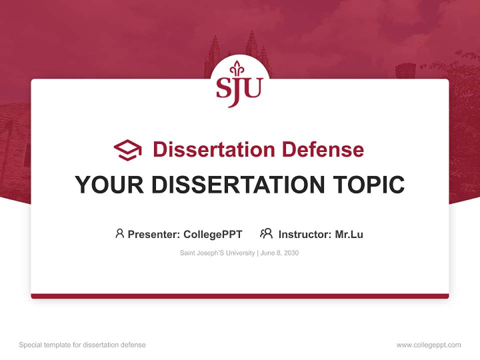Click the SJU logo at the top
click(x=239, y=85)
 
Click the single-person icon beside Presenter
click(x=119, y=233)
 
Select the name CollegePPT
click(x=213, y=234)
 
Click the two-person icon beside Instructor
click(x=266, y=233)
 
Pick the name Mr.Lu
click(x=349, y=234)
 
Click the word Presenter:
click(x=154, y=234)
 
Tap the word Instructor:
click(x=305, y=234)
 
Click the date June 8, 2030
click(x=280, y=253)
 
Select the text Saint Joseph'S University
click(x=217, y=253)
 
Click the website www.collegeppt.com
click(x=428, y=345)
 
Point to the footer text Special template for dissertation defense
click(x=82, y=345)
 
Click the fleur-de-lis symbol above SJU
click(x=237, y=69)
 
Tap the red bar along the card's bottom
click(x=240, y=296)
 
